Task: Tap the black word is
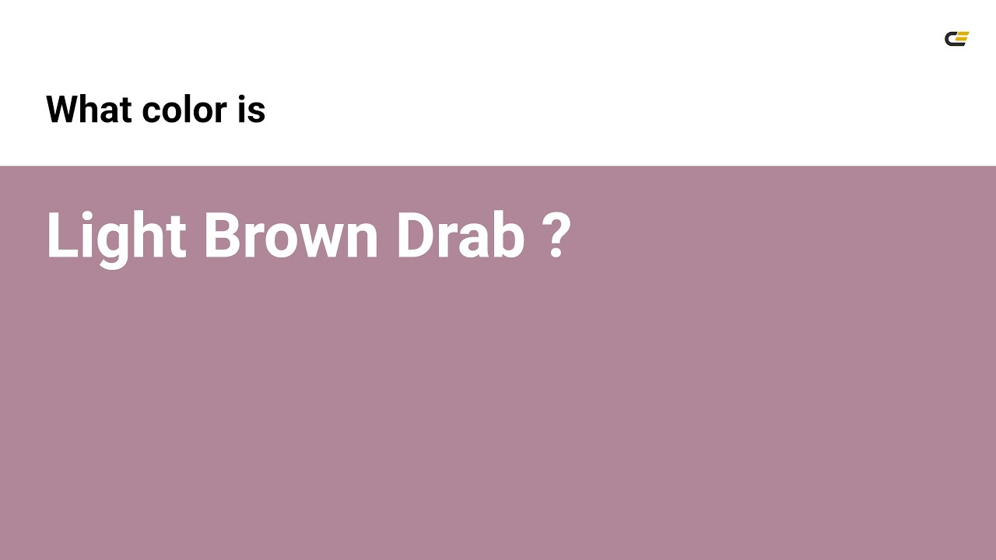(x=252, y=109)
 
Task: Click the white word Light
(x=116, y=235)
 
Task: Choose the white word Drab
(x=460, y=235)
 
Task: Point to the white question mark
(x=556, y=235)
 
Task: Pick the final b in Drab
(x=509, y=235)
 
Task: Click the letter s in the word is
(x=258, y=113)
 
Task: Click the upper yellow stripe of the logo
(x=963, y=34)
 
